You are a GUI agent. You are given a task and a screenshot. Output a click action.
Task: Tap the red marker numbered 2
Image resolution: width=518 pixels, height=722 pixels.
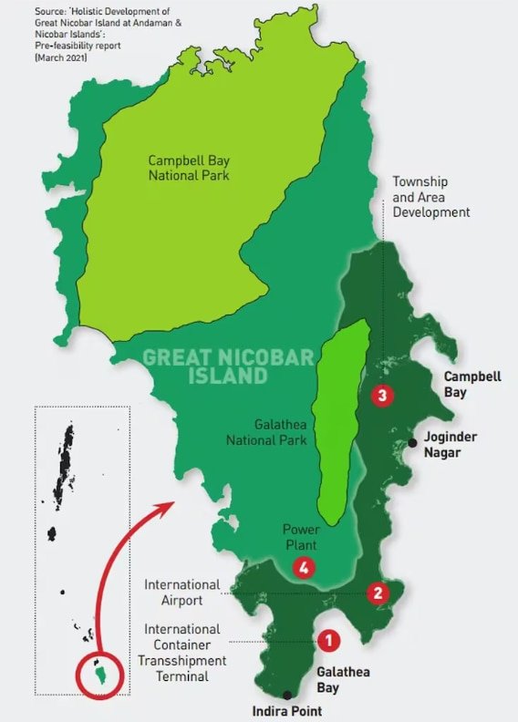coord(378,593)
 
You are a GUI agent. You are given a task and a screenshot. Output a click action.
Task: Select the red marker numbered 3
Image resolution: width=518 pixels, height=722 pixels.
coord(384,395)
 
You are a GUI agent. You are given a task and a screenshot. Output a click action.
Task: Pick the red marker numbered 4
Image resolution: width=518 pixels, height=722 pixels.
coord(305,567)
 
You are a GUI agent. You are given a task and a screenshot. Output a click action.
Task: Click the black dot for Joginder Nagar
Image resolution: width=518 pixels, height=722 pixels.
coord(412,442)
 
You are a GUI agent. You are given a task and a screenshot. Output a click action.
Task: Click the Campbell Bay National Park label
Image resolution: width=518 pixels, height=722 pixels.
coord(188,167)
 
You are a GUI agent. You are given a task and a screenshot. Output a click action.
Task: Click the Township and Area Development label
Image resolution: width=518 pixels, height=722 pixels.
coord(430,197)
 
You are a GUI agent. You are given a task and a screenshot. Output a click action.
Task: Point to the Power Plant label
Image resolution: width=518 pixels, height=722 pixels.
coord(300,535)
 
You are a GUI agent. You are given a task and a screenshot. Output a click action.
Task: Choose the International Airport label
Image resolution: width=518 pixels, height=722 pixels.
coord(181,593)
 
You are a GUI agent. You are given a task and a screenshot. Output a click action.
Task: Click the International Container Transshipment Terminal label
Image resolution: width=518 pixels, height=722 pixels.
coord(181,653)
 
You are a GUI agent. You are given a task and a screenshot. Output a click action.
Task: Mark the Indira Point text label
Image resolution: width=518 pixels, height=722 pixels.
coord(287,711)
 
